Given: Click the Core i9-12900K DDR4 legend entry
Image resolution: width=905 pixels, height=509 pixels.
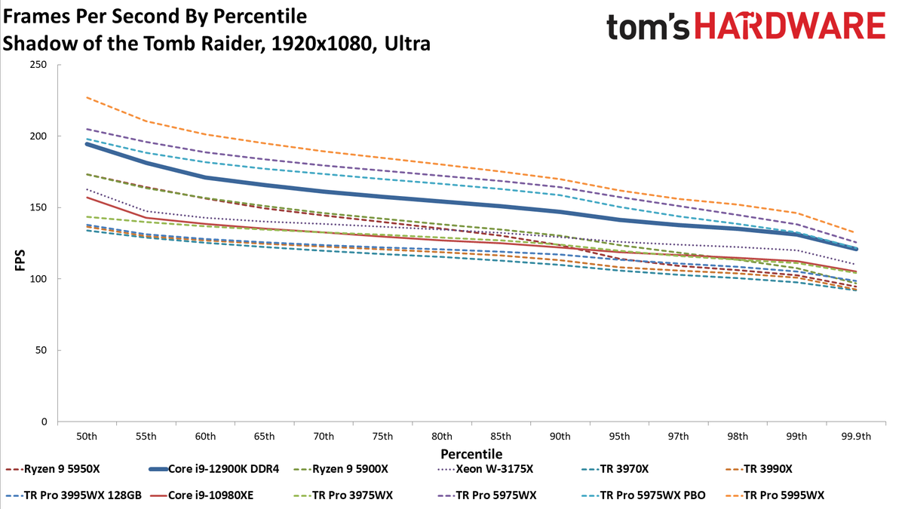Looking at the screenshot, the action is pyautogui.click(x=214, y=469).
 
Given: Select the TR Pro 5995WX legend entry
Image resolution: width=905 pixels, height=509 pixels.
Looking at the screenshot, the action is pyautogui.click(x=775, y=495).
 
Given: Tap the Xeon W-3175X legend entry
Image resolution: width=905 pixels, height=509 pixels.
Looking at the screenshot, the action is pyautogui.click(x=485, y=469).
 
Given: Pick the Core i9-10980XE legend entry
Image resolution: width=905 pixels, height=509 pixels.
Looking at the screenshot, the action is pyautogui.click(x=201, y=495).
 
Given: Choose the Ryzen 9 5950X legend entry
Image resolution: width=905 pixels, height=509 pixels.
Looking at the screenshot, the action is pyautogui.click(x=53, y=469).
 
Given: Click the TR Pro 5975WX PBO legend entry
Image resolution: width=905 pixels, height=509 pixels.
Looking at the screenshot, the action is pyautogui.click(x=643, y=495).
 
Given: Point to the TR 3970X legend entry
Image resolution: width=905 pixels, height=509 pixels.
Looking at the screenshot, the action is pyautogui.click(x=615, y=469).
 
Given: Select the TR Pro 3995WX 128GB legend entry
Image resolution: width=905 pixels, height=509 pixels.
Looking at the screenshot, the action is pyautogui.click(x=74, y=495).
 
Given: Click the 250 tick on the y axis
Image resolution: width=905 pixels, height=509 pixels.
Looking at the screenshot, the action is pyautogui.click(x=38, y=65).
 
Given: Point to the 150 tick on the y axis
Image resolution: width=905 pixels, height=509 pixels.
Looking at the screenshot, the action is pyautogui.click(x=38, y=207).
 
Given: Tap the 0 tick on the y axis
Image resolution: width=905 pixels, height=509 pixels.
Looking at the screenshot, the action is pyautogui.click(x=44, y=422).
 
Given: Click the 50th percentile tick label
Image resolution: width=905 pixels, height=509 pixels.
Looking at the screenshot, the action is pyautogui.click(x=87, y=437).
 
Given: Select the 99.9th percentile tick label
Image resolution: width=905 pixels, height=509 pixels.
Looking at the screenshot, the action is pyautogui.click(x=856, y=437).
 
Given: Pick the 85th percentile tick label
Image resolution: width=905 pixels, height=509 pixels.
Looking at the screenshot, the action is pyautogui.click(x=501, y=437).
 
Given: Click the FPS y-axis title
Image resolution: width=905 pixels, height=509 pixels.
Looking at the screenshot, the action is pyautogui.click(x=20, y=261).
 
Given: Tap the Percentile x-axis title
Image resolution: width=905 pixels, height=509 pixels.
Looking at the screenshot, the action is pyautogui.click(x=471, y=454).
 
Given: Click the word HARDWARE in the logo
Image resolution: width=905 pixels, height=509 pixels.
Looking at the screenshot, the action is pyautogui.click(x=790, y=26).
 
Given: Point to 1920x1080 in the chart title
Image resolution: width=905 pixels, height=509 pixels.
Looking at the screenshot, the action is pyautogui.click(x=321, y=44).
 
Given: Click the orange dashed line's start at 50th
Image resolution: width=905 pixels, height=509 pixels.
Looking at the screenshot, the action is pyautogui.click(x=87, y=97).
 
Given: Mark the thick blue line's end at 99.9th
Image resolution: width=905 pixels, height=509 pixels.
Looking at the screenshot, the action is pyautogui.click(x=856, y=250).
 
